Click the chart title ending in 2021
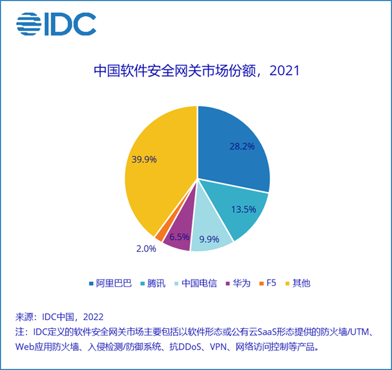[196, 70]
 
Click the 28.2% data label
[242, 146]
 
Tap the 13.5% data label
[239, 209]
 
